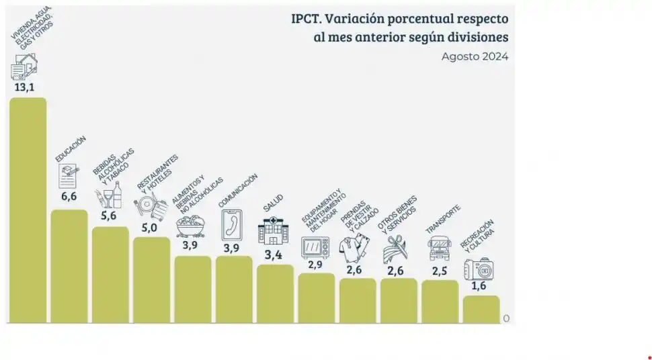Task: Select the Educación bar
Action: pyautogui.click(x=69, y=266)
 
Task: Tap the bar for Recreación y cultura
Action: pyautogui.click(x=481, y=309)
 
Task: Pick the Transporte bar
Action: pyautogui.click(x=440, y=301)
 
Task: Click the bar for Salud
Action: pyautogui.click(x=275, y=294)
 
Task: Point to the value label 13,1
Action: pyautogui.click(x=24, y=87)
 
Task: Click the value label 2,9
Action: pyautogui.click(x=315, y=265)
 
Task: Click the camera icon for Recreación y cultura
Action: pyautogui.click(x=480, y=269)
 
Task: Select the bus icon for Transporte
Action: pyautogui.click(x=440, y=249)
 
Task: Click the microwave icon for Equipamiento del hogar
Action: pyautogui.click(x=315, y=247)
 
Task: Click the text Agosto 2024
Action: pyautogui.click(x=475, y=56)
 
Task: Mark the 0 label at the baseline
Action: pyautogui.click(x=506, y=318)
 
